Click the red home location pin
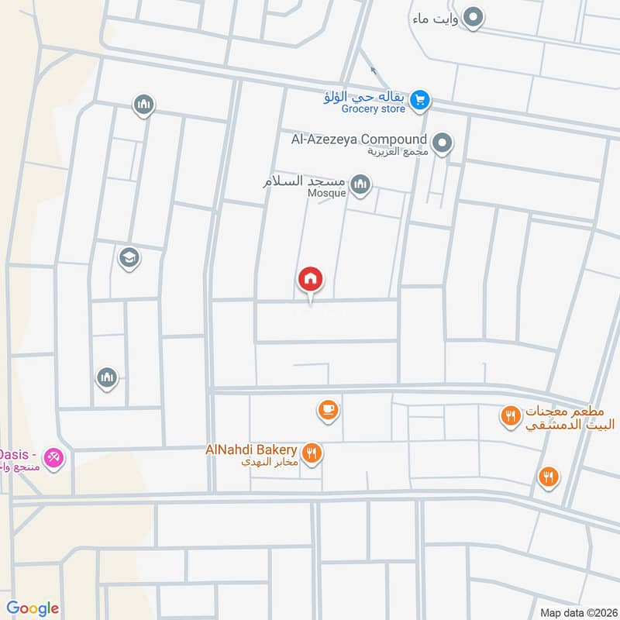pyautogui.click(x=311, y=280)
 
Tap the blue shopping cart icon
pyautogui.click(x=420, y=99)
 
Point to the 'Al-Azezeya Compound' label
pyautogui.click(x=359, y=139)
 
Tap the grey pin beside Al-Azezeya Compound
pyautogui.click(x=443, y=142)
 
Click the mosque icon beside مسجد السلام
pyautogui.click(x=360, y=184)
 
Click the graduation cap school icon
pyautogui.click(x=129, y=257)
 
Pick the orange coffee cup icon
pyautogui.click(x=328, y=409)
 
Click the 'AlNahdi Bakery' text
pyautogui.click(x=251, y=449)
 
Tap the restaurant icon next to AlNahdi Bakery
pyautogui.click(x=312, y=453)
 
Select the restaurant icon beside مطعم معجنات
pyautogui.click(x=510, y=416)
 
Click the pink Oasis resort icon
pyautogui.click(x=53, y=457)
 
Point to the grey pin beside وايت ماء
pyautogui.click(x=474, y=16)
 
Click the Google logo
pyautogui.click(x=33, y=608)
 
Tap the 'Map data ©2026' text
pyautogui.click(x=577, y=612)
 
